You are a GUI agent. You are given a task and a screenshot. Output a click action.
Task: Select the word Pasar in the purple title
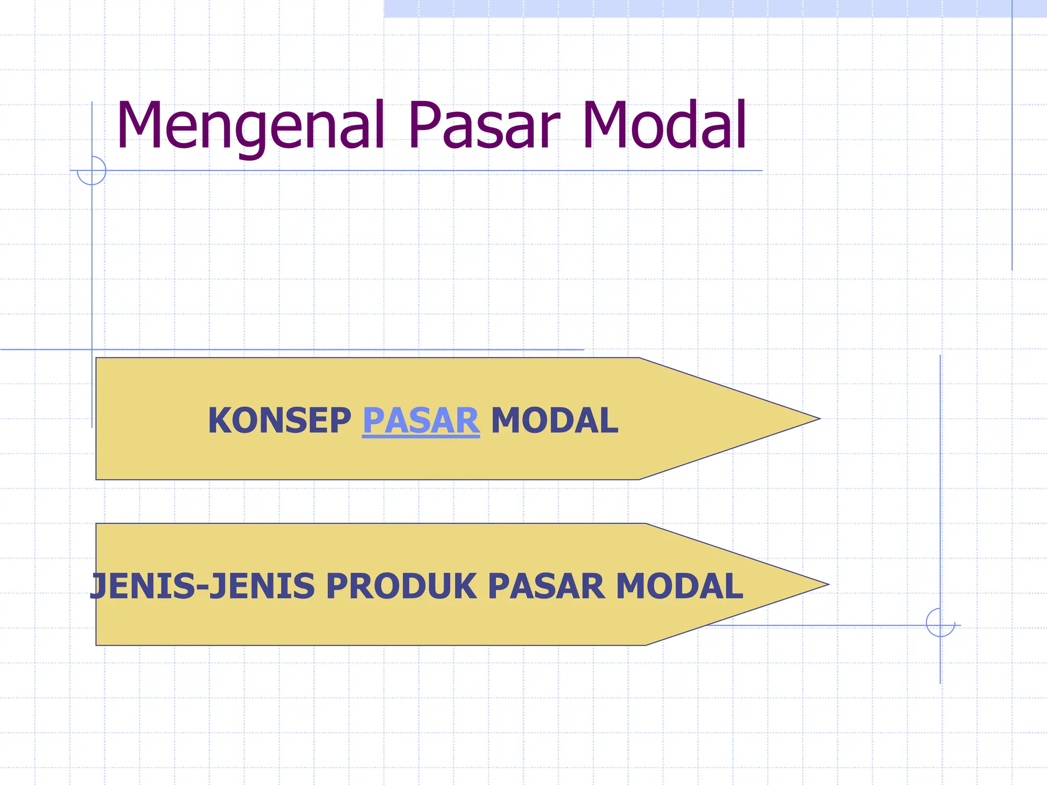click(484, 125)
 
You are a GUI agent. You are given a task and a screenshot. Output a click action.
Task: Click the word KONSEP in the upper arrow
click(279, 421)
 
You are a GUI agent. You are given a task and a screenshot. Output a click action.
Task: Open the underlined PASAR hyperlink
click(421, 421)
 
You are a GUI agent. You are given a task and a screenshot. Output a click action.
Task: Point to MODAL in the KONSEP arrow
click(554, 421)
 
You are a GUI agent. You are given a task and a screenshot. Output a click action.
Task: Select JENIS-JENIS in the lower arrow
click(202, 586)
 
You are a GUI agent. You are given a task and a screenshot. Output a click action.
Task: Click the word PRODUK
click(401, 586)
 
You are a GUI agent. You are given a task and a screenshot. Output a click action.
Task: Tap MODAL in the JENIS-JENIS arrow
click(679, 586)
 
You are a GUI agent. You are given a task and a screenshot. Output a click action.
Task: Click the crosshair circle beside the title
click(92, 170)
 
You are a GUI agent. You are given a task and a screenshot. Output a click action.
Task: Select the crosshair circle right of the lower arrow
click(940, 623)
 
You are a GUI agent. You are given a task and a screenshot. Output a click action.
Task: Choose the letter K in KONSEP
click(219, 421)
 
